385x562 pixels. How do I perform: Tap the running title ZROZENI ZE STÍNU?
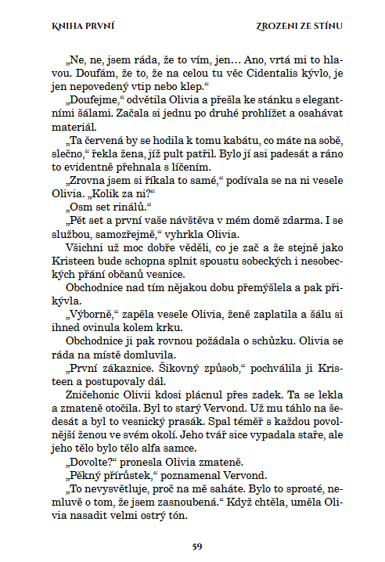pos(300,26)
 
